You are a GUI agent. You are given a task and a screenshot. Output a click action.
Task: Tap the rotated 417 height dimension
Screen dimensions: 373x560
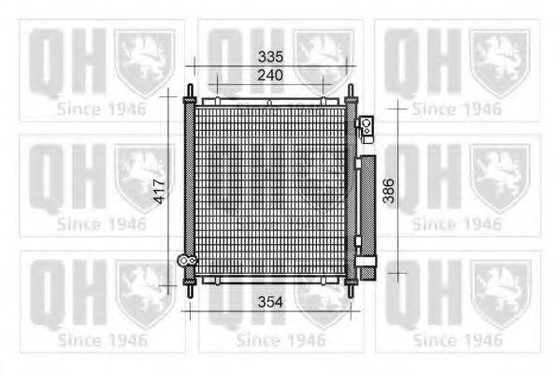pyautogui.click(x=160, y=193)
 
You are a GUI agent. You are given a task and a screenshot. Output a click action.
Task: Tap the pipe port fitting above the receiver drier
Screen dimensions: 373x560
pyautogui.click(x=365, y=123)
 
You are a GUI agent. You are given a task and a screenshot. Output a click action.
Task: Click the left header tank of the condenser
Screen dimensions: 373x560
pyautogui.click(x=190, y=191)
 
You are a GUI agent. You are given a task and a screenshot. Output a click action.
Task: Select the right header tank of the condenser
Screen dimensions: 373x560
pyautogui.click(x=351, y=191)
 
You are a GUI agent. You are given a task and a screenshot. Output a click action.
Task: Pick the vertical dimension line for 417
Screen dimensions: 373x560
pyautogui.click(x=170, y=140)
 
